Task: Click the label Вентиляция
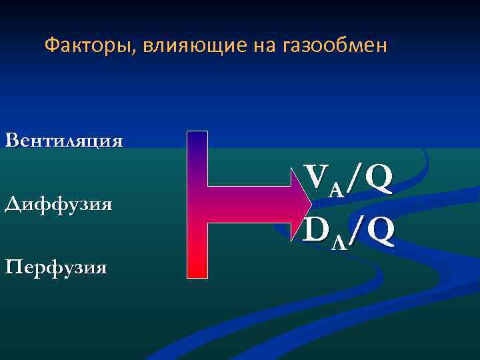[63, 141]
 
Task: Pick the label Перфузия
[55, 268]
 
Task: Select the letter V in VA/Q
[317, 177]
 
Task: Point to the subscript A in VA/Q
[336, 190]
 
